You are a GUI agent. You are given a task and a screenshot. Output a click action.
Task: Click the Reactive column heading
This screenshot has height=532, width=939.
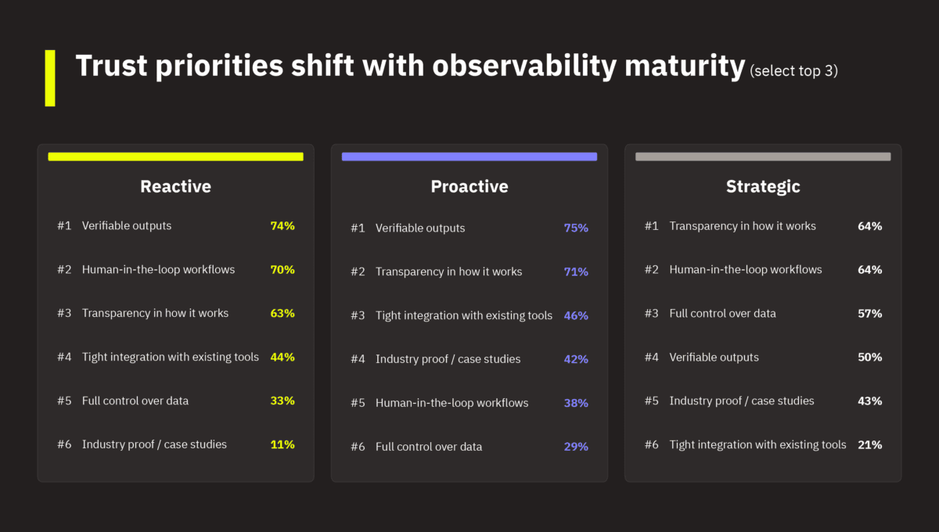(x=175, y=186)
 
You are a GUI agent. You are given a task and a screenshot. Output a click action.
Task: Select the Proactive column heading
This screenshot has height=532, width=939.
(x=469, y=186)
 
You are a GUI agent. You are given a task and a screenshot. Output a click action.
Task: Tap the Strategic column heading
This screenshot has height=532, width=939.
(x=763, y=186)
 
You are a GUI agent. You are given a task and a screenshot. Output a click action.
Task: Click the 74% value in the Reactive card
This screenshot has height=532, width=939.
(x=282, y=225)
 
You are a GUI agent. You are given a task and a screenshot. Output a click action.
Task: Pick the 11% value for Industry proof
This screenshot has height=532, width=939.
(x=282, y=444)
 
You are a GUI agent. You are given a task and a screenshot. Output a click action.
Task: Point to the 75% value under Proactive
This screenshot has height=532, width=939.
(x=576, y=228)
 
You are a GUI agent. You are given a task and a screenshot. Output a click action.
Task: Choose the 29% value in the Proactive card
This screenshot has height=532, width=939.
(x=576, y=447)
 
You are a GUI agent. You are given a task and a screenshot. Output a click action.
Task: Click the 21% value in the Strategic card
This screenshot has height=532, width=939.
(x=869, y=444)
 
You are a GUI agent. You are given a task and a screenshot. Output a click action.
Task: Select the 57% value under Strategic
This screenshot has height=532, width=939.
(x=869, y=313)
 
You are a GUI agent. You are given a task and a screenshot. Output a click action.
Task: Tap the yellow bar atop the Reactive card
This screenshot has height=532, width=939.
(x=175, y=156)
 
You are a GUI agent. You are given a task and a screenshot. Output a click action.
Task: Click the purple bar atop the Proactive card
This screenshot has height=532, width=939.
(x=469, y=156)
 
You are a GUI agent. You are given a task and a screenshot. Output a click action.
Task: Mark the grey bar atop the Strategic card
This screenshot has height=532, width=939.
(x=763, y=156)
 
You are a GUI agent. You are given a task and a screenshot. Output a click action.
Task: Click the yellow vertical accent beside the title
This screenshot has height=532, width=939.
(x=50, y=77)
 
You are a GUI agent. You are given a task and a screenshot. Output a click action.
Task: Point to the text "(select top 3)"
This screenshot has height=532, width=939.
(x=793, y=70)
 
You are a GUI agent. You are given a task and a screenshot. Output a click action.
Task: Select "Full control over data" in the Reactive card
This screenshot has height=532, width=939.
(x=135, y=401)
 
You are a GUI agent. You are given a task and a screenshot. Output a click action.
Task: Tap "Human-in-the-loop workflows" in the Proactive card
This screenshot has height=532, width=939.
(x=452, y=403)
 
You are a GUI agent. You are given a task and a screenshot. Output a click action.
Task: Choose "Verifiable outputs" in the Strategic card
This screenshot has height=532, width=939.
(x=714, y=357)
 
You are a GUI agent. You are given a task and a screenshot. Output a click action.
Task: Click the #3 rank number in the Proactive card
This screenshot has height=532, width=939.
(x=358, y=315)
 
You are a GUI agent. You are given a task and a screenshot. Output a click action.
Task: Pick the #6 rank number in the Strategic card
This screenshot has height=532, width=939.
(x=652, y=444)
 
